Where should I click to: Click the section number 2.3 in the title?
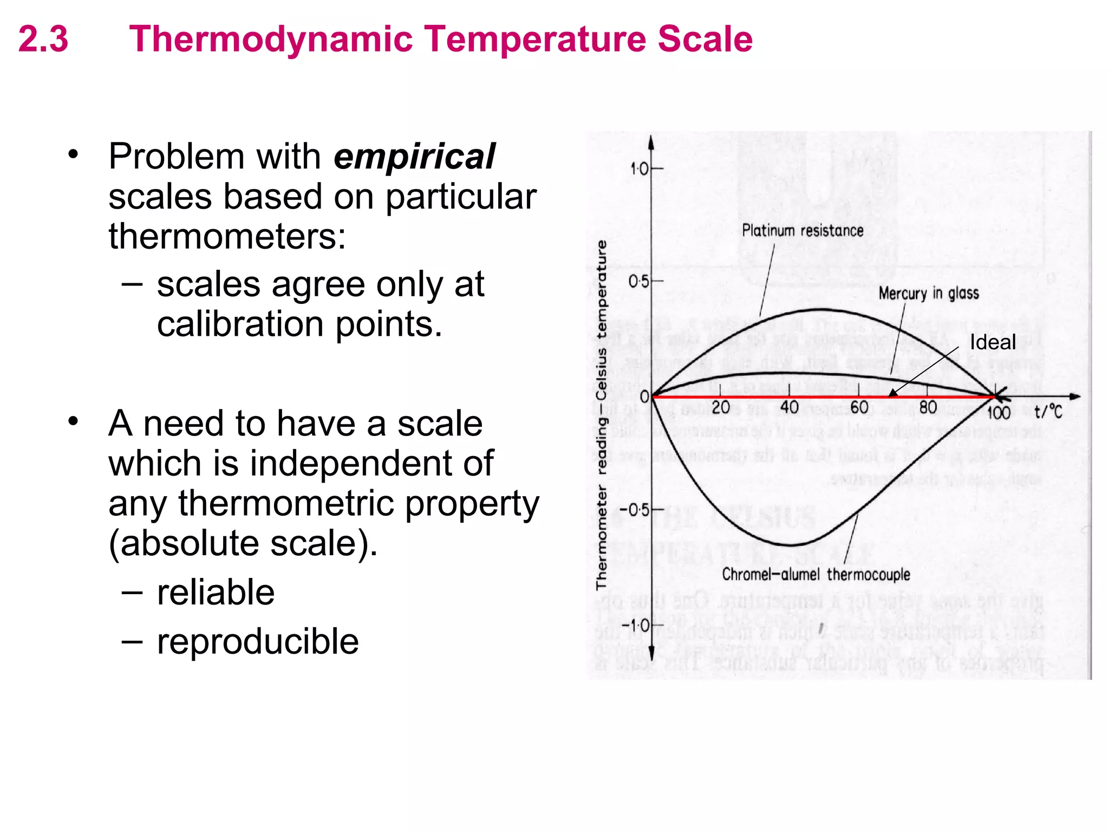[43, 39]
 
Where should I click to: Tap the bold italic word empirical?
[414, 157]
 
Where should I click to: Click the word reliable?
[216, 592]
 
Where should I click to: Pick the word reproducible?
[258, 641]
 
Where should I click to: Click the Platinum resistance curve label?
[802, 231]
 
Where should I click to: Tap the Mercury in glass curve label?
[928, 294]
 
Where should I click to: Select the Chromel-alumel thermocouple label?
[816, 574]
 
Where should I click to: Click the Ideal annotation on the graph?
[992, 342]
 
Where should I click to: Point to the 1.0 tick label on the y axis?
[639, 169]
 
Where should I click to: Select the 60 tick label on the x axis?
[859, 407]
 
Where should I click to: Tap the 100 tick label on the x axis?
[999, 413]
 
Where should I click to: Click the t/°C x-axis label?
[1048, 412]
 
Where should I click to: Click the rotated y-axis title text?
[601, 414]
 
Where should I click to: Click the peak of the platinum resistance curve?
[823, 310]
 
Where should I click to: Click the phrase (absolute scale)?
[243, 543]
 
